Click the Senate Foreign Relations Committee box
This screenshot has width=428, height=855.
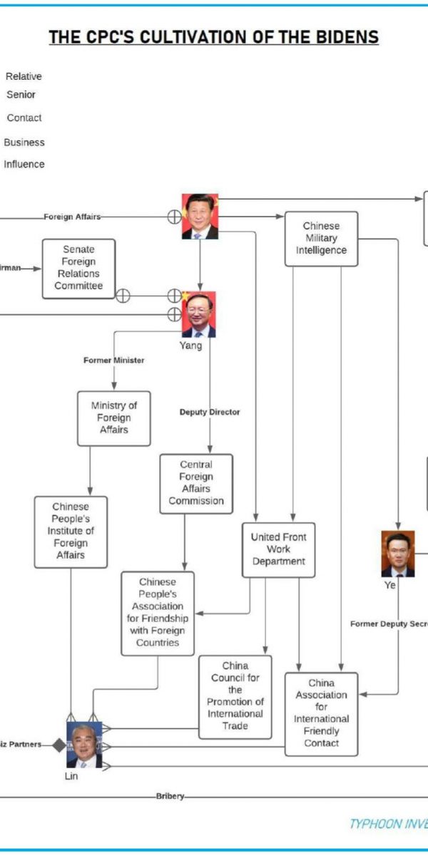click(78, 268)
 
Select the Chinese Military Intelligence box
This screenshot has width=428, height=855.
click(321, 239)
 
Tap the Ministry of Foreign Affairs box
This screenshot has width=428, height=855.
click(113, 418)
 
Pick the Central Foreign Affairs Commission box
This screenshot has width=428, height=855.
click(196, 483)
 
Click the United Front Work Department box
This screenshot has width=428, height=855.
click(278, 549)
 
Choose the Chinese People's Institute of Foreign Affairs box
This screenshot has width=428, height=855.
click(71, 532)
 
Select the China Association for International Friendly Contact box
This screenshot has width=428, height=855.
click(321, 713)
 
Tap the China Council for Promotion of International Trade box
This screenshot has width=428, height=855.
click(235, 696)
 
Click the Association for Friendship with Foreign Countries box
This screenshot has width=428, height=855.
click(158, 613)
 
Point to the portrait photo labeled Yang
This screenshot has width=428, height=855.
click(198, 314)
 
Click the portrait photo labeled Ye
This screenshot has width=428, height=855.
click(397, 554)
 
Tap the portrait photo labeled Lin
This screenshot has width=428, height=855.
click(84, 745)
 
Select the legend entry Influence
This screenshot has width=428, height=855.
click(24, 164)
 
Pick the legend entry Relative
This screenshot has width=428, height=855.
click(24, 76)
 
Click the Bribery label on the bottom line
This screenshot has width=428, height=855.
click(170, 796)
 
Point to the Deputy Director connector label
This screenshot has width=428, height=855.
click(210, 412)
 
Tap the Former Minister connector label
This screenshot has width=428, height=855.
click(114, 360)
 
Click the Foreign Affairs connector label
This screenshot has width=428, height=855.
click(72, 217)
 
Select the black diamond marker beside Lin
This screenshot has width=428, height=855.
click(58, 745)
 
